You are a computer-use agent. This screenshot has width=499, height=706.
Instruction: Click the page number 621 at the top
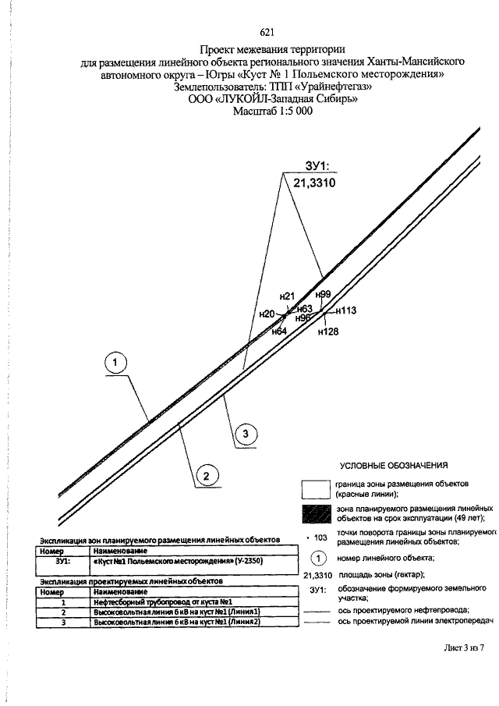click(x=267, y=32)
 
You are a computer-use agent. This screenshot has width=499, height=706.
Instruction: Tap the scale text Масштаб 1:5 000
click(x=272, y=111)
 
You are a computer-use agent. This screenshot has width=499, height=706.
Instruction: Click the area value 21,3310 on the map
click(x=314, y=183)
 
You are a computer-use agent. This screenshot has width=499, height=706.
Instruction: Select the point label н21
click(x=287, y=296)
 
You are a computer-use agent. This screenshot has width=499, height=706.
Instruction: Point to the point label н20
click(x=267, y=314)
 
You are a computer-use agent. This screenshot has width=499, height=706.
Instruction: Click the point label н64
click(x=279, y=332)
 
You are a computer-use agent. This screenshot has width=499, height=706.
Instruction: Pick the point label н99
click(x=323, y=294)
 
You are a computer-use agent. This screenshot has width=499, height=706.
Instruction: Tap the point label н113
click(x=345, y=310)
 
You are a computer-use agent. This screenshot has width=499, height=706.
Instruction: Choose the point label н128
click(x=328, y=332)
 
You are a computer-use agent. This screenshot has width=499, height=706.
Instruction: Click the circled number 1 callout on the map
click(x=115, y=363)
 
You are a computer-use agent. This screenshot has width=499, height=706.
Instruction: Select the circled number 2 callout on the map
click(x=207, y=476)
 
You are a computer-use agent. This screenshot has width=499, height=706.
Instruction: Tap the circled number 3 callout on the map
click(x=246, y=434)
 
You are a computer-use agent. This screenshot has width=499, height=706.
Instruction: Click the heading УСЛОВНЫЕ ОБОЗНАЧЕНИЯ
click(x=394, y=466)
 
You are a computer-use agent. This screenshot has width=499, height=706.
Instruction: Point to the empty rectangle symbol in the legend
click(x=317, y=489)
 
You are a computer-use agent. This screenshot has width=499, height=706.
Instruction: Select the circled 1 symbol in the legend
click(x=317, y=559)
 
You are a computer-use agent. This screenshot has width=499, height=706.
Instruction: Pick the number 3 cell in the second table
click(x=63, y=623)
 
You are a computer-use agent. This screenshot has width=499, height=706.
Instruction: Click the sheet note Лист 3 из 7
click(x=464, y=648)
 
